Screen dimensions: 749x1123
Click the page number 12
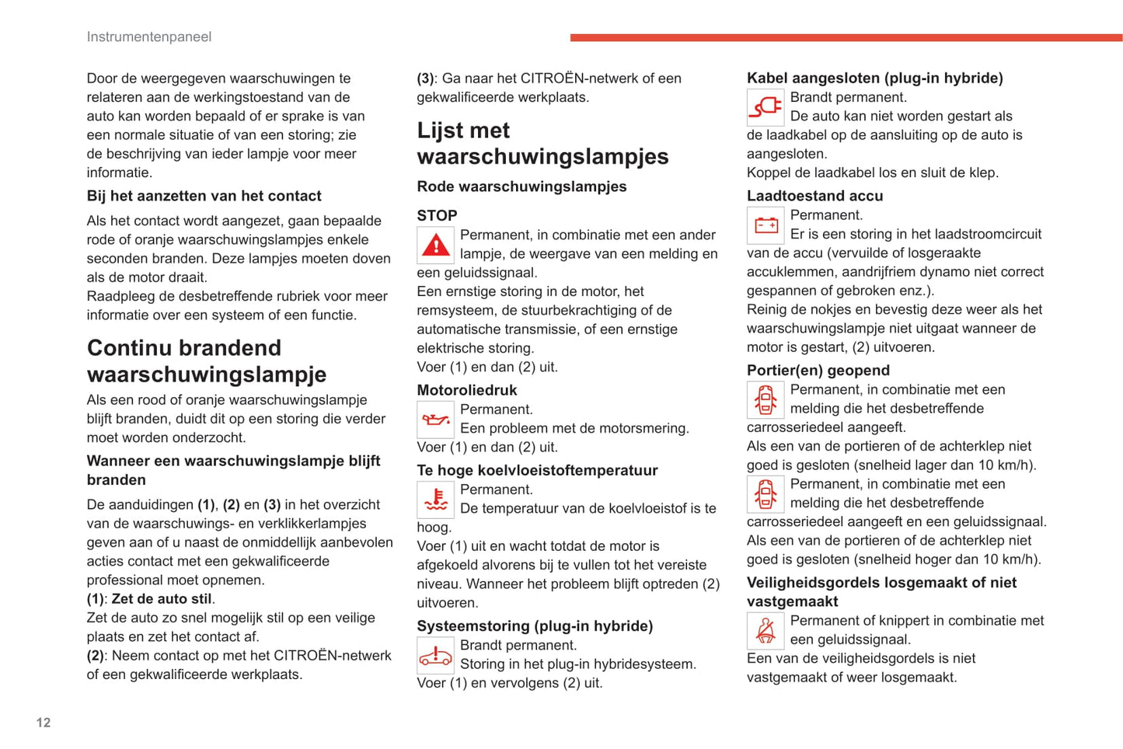[x=44, y=723]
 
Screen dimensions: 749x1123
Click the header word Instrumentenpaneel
[x=148, y=37]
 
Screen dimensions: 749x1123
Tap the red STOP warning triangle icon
[x=436, y=246]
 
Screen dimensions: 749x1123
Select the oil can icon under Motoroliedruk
[x=436, y=420]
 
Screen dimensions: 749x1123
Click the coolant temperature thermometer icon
[x=436, y=500]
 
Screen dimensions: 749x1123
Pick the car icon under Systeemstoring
[x=436, y=656]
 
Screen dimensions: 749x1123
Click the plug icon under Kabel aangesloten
[x=766, y=107]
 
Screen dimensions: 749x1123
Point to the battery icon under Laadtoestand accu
[x=766, y=225]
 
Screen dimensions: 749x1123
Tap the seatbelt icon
[x=766, y=631]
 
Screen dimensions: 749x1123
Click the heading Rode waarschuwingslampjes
[x=521, y=186]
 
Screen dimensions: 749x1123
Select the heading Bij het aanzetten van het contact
[x=204, y=196]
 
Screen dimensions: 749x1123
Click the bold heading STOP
[x=437, y=215]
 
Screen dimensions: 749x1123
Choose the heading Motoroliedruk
[x=466, y=390]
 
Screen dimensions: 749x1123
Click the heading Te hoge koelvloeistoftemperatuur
[x=537, y=470]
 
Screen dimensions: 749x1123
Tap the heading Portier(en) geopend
[x=818, y=371]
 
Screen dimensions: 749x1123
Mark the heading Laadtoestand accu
[x=814, y=196]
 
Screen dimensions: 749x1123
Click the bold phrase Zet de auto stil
[x=162, y=599]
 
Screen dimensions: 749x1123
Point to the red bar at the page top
[x=846, y=37]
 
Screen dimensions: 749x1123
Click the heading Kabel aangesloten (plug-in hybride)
[x=874, y=78]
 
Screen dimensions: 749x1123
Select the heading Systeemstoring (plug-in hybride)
[x=535, y=626]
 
